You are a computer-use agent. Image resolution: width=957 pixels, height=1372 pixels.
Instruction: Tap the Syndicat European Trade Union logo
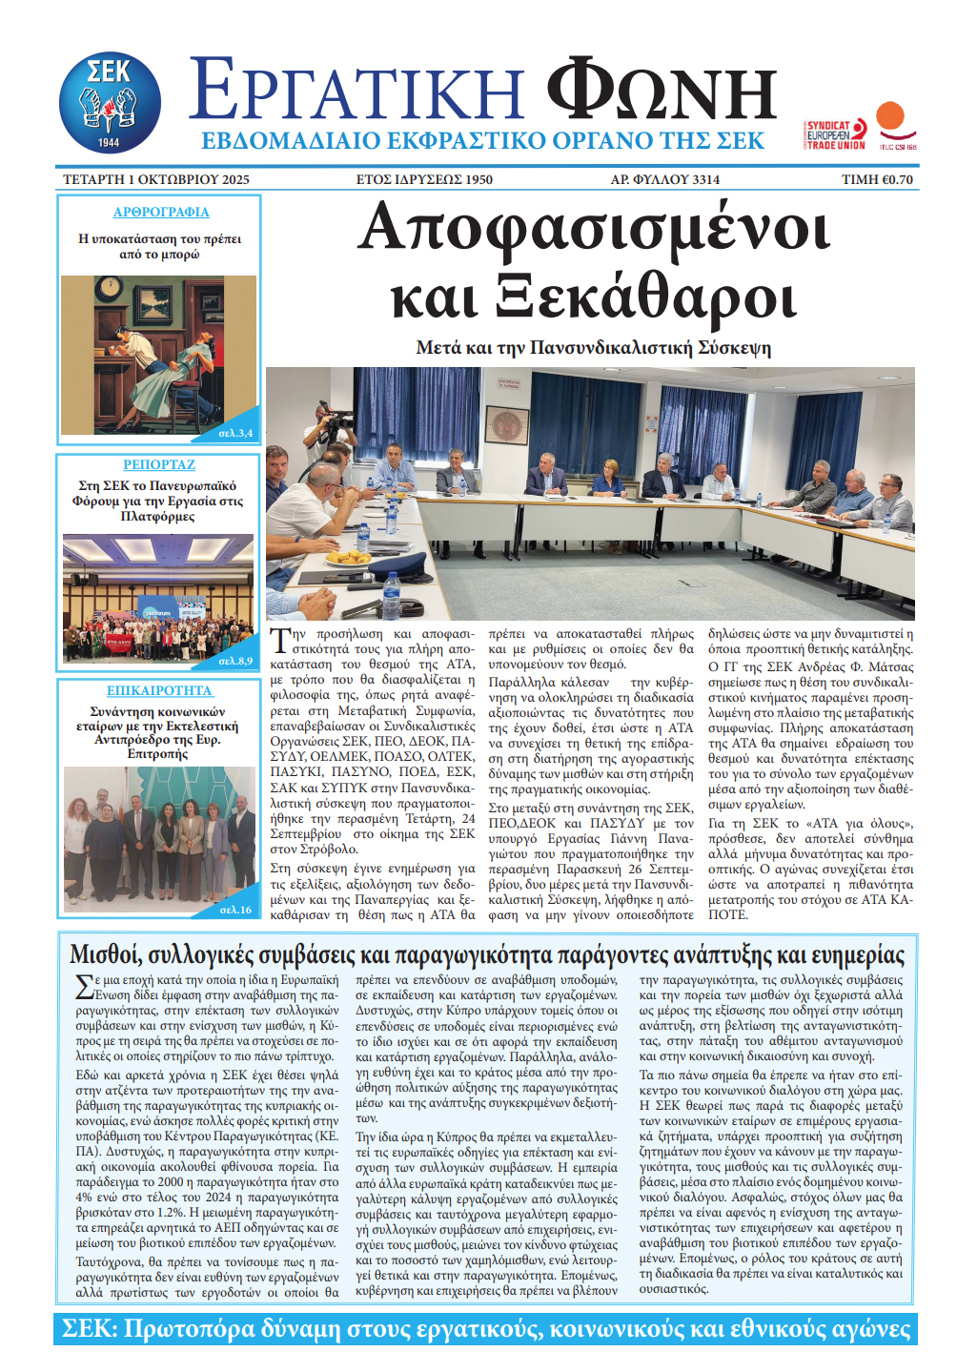(x=835, y=134)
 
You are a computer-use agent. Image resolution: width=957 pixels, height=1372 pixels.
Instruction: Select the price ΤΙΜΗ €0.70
(x=877, y=179)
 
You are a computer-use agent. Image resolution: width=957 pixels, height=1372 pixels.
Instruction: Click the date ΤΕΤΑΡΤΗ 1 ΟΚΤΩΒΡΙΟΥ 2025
(x=156, y=179)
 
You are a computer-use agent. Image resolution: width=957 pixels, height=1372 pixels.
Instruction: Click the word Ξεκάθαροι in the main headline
(x=645, y=297)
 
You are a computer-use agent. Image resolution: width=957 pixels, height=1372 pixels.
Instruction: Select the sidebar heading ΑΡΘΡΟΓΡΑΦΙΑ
(x=161, y=213)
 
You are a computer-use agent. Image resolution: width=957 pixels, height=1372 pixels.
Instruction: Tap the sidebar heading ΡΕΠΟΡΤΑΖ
(x=159, y=464)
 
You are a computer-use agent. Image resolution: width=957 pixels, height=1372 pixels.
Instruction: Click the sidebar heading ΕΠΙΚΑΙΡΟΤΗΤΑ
(x=159, y=690)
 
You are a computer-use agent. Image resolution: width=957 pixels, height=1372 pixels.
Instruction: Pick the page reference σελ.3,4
(x=235, y=433)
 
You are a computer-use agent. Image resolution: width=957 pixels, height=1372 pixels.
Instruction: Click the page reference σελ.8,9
(x=235, y=661)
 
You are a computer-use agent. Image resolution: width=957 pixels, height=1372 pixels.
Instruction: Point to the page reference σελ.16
(x=235, y=910)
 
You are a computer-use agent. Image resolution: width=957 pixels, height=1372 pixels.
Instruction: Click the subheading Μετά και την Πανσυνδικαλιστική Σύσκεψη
(x=593, y=348)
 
